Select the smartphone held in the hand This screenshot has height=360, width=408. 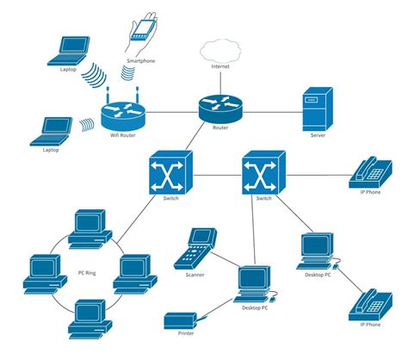coord(141,29)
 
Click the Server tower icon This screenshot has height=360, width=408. coord(317,109)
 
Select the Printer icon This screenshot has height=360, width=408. coord(184,321)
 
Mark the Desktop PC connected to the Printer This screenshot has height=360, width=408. coord(253,282)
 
